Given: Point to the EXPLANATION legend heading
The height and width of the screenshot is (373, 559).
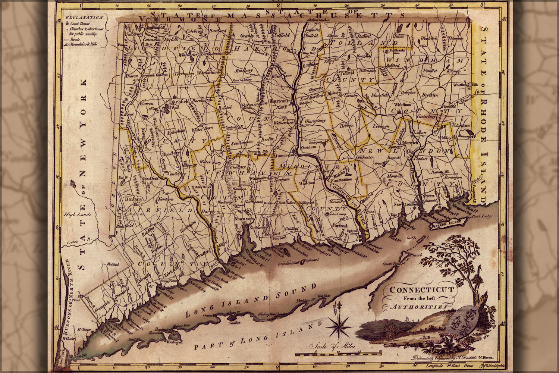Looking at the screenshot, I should click(x=84, y=17).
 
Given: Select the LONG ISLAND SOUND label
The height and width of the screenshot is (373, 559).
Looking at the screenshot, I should click(x=254, y=300).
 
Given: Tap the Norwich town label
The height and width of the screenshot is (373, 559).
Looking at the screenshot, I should click(x=411, y=142).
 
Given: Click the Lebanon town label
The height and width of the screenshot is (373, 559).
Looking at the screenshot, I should click(x=381, y=126).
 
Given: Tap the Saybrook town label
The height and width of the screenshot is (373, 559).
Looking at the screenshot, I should click(x=340, y=226).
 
